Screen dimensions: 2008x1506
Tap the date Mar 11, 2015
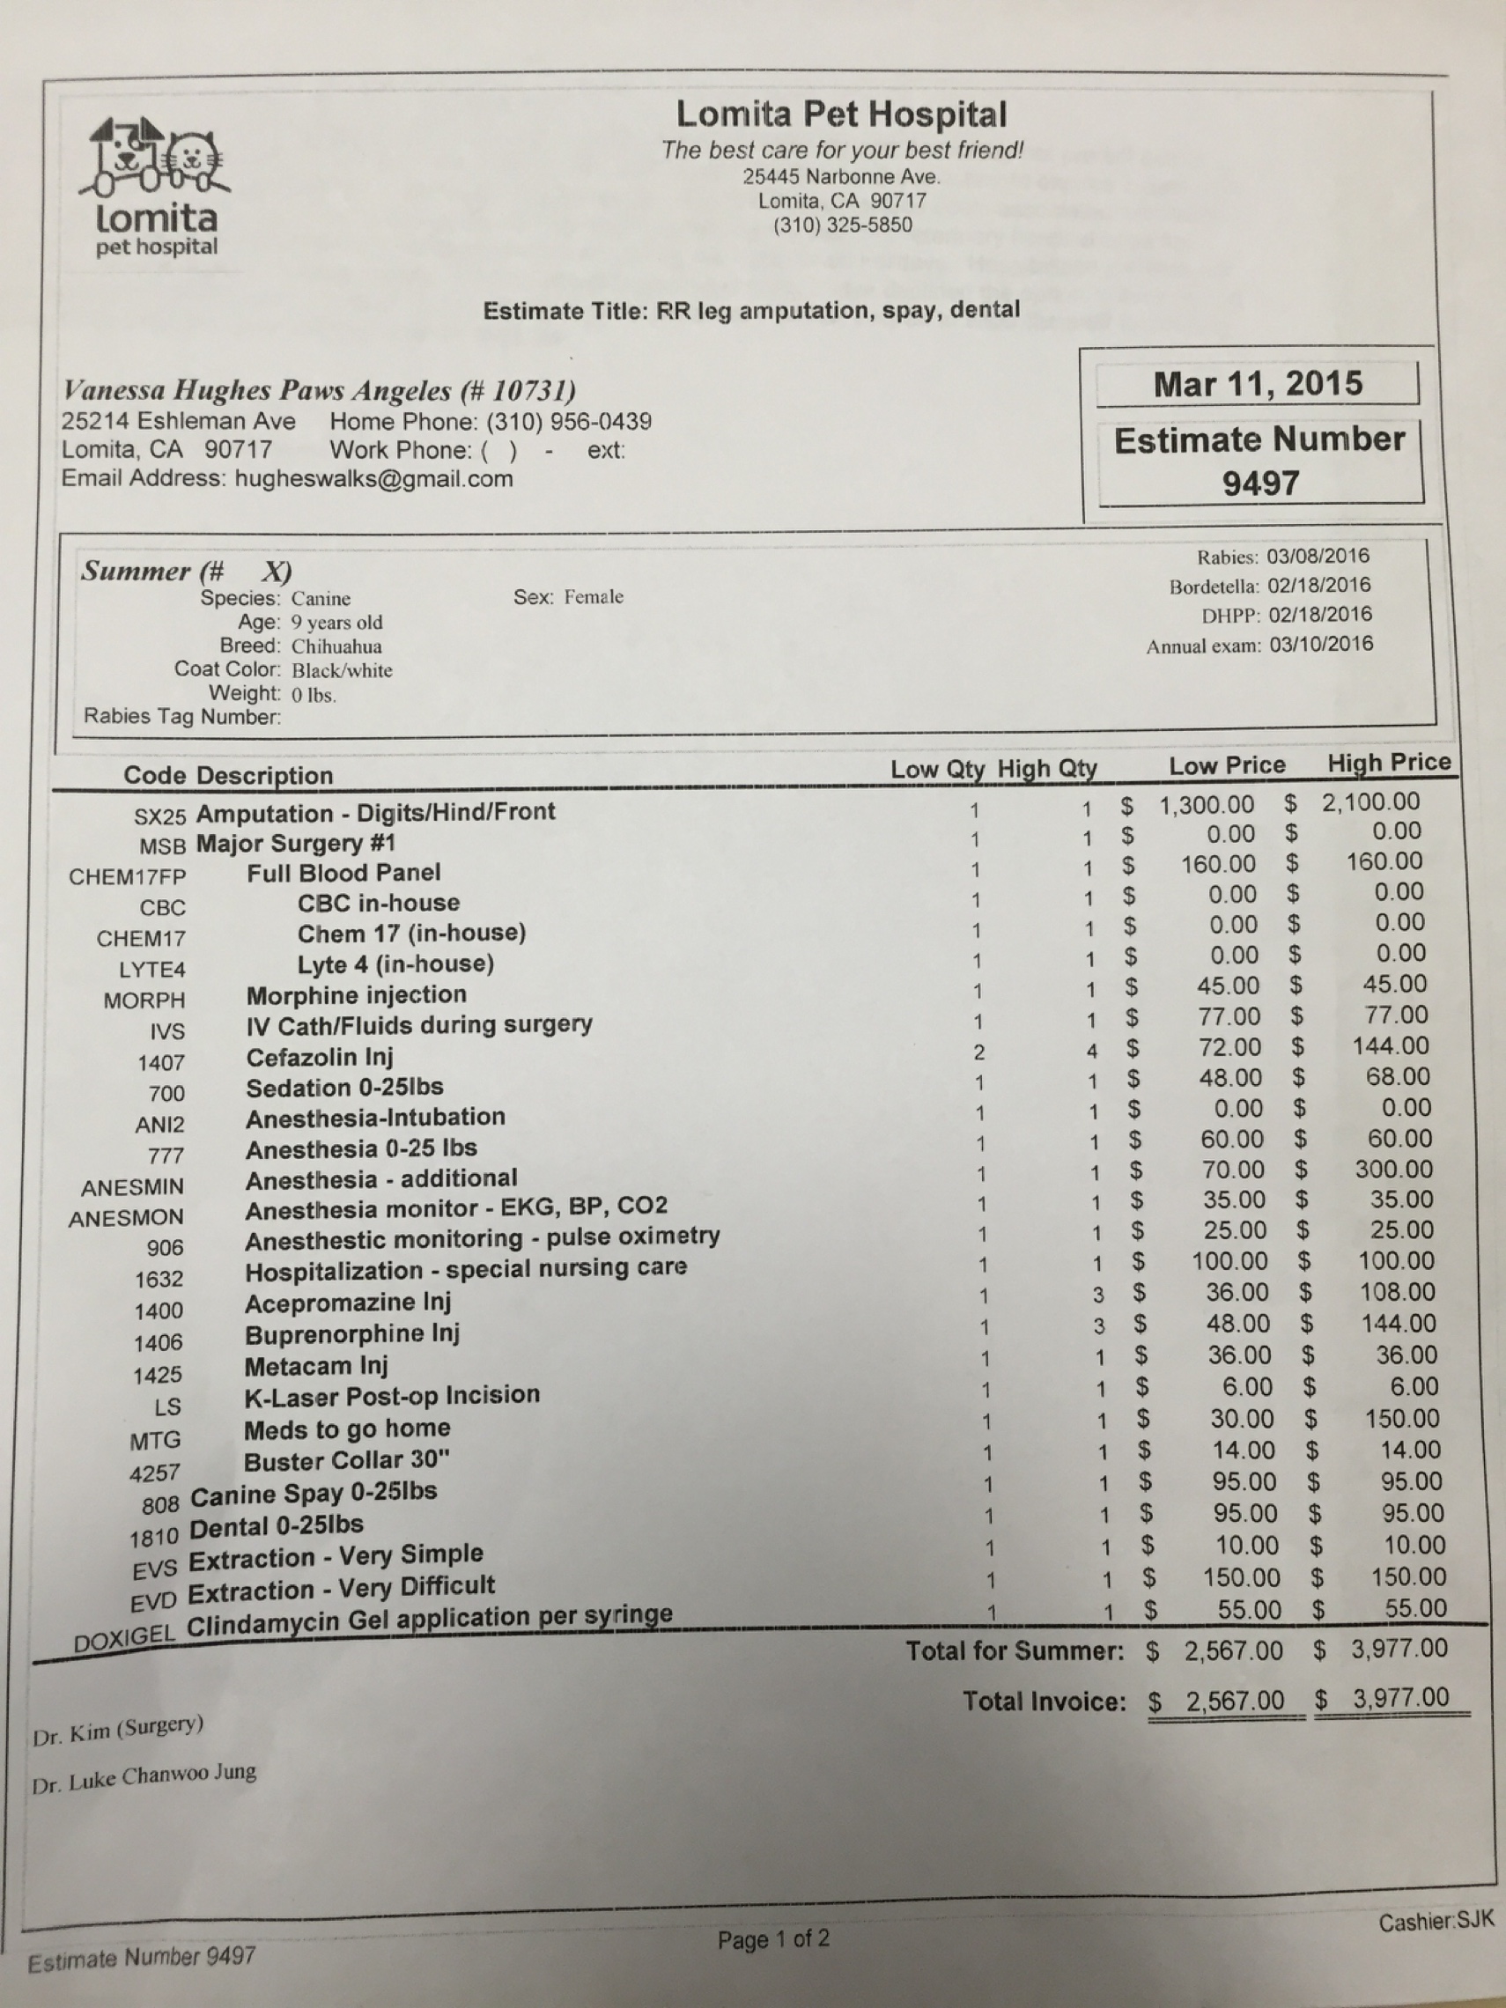tap(1259, 384)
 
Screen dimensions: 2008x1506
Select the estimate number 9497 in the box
tap(1260, 483)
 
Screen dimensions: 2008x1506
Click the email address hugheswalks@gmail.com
tap(373, 479)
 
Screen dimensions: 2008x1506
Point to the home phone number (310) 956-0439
tap(568, 421)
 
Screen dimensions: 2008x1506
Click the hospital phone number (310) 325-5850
tap(843, 225)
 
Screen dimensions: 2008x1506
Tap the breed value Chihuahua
tap(336, 646)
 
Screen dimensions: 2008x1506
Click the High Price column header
tap(1388, 763)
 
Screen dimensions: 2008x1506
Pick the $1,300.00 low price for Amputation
tap(1207, 804)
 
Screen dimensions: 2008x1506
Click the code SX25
tap(159, 816)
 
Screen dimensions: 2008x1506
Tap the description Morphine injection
tap(356, 995)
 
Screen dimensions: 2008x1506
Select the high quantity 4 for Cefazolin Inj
tap(1092, 1051)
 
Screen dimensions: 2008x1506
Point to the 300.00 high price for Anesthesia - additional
tap(1394, 1170)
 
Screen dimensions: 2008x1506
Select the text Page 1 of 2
tap(772, 1940)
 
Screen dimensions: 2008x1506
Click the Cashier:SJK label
tap(1435, 1922)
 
